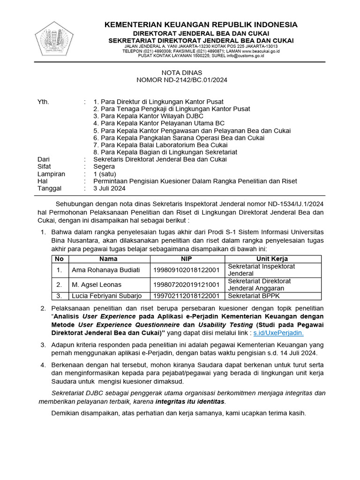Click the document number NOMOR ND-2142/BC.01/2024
(182, 80)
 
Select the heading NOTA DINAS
(182, 73)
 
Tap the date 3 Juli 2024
(109, 188)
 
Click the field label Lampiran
(51, 174)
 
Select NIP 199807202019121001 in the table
(187, 285)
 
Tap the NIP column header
(187, 259)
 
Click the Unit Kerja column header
(272, 259)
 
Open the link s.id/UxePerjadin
(278, 333)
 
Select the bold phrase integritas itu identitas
(190, 402)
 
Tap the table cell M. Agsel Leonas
(97, 285)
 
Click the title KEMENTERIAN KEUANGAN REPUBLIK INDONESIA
(201, 24)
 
